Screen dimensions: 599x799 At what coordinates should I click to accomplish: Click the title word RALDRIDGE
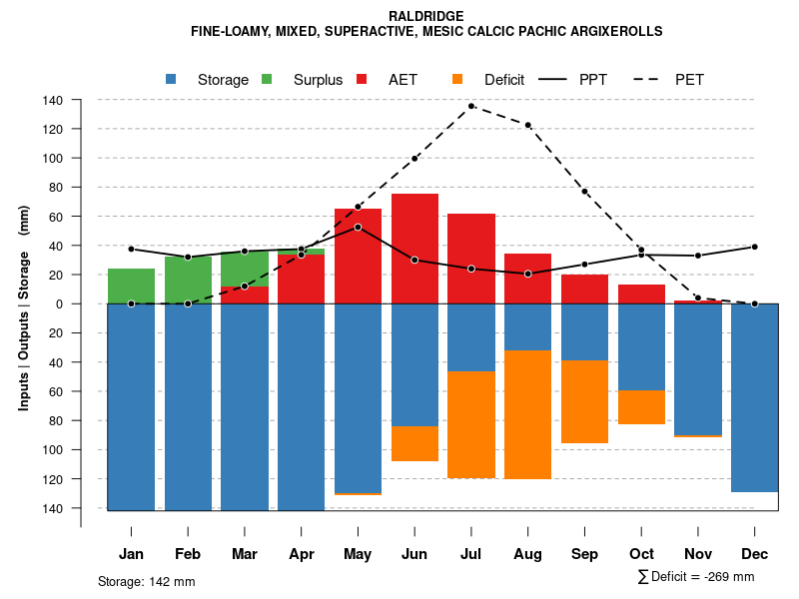click(426, 17)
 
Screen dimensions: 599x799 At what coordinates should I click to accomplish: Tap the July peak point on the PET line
click(471, 106)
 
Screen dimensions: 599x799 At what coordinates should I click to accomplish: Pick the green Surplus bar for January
click(131, 286)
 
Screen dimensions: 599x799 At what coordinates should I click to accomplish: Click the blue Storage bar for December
click(754, 397)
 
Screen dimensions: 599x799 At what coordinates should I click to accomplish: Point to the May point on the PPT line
click(358, 227)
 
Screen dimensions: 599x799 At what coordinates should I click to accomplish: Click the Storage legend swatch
click(172, 79)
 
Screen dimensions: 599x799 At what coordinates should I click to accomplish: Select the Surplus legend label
click(318, 80)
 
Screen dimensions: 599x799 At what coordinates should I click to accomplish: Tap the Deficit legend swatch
click(457, 79)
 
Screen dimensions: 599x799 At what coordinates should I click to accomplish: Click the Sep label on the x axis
click(584, 554)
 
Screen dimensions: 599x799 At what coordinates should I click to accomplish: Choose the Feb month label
click(188, 554)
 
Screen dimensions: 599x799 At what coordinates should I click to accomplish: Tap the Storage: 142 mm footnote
click(146, 581)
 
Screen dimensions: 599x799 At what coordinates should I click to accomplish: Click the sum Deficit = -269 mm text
click(695, 576)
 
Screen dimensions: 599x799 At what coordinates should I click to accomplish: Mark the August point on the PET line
click(527, 125)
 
